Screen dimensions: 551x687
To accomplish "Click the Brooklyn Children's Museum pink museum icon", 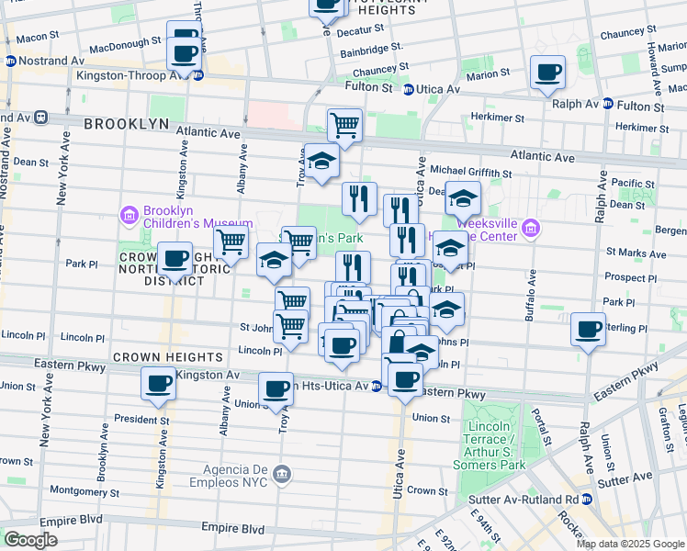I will click(129, 216).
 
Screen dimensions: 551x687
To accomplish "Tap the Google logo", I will click(30, 539).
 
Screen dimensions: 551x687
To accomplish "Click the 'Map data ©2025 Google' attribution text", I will click(630, 544).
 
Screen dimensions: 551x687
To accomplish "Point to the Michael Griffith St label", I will click(471, 172).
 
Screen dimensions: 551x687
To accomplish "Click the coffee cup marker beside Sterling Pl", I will click(588, 329).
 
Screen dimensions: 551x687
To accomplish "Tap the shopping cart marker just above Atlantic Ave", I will click(344, 124).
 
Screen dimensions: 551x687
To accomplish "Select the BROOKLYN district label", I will click(126, 123).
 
